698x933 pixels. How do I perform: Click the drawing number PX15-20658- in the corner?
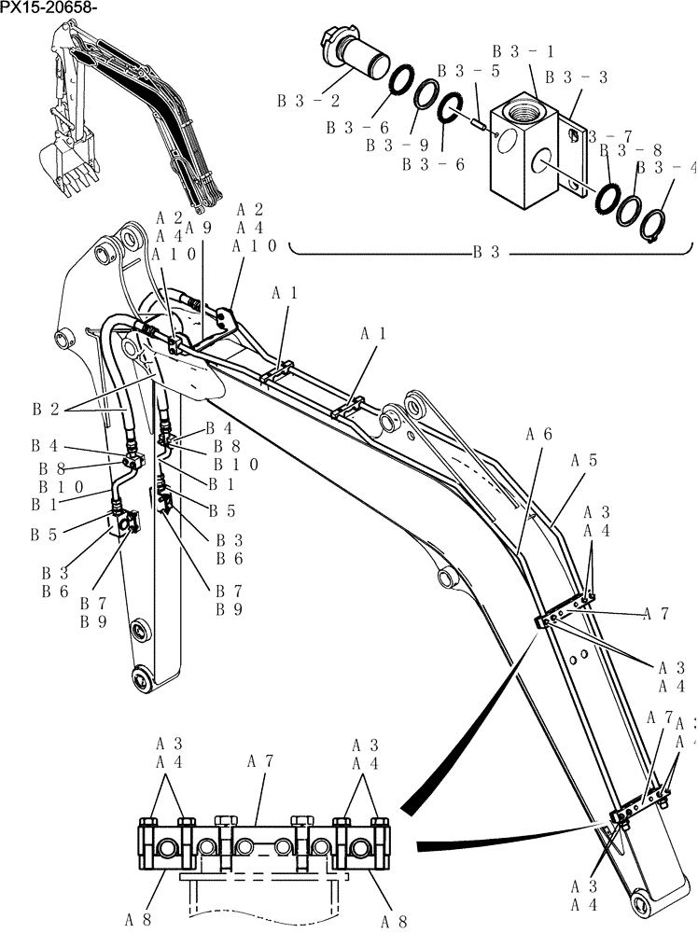(x=49, y=8)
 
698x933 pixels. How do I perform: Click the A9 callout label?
(x=198, y=227)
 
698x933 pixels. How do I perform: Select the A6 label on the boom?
(x=538, y=434)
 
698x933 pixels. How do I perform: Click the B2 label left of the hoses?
(x=46, y=408)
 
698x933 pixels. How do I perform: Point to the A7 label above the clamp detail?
(x=259, y=761)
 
